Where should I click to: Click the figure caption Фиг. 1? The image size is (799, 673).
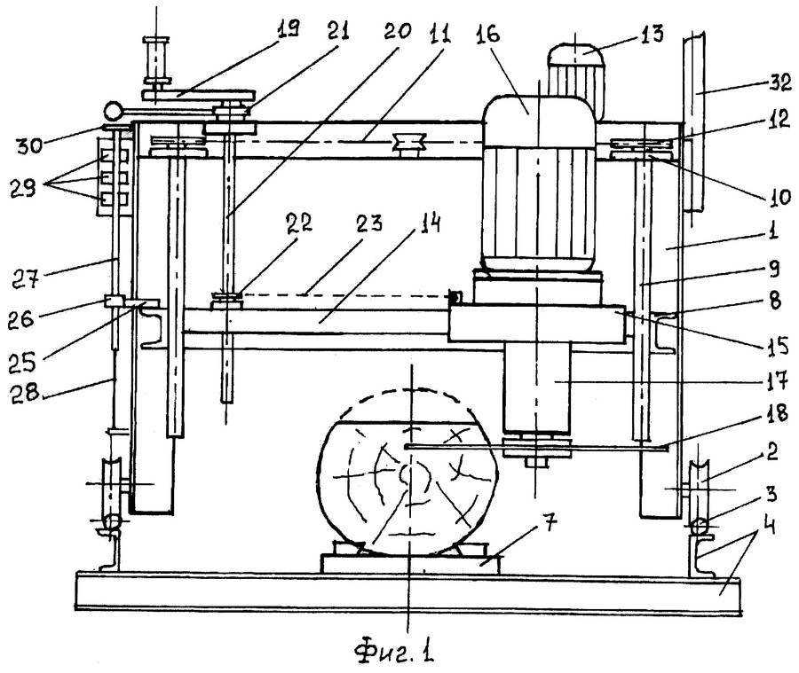(394, 651)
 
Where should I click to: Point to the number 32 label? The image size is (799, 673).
(779, 82)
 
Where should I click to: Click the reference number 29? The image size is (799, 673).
(23, 189)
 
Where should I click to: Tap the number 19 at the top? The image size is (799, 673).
(288, 29)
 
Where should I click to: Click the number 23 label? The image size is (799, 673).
(369, 223)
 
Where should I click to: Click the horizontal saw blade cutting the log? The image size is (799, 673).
(535, 447)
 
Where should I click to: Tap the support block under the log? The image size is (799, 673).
(411, 564)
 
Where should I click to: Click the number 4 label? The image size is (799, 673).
(770, 525)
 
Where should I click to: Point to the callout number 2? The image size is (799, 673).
(772, 451)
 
